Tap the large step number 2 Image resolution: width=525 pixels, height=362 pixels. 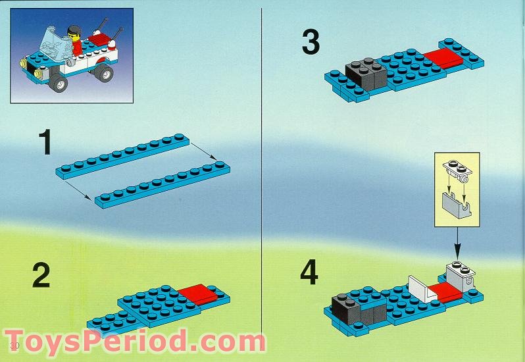pyautogui.click(x=41, y=276)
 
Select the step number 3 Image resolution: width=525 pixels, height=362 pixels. pyautogui.click(x=311, y=41)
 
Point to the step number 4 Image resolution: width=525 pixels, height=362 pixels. pyautogui.click(x=310, y=273)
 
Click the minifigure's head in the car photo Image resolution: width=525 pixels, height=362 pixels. pyautogui.click(x=74, y=31)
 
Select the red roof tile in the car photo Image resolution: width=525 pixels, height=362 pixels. pyautogui.click(x=99, y=39)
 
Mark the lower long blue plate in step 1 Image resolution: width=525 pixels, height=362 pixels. pyautogui.click(x=164, y=186)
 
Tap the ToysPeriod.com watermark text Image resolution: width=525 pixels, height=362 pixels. pyautogui.click(x=135, y=342)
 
